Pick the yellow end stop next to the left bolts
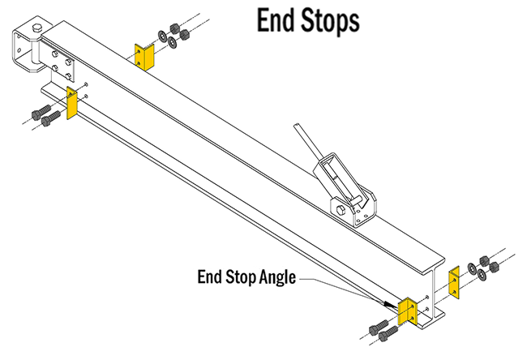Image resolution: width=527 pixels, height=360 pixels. click(x=72, y=105)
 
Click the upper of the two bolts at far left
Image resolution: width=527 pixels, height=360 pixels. click(x=38, y=113)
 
